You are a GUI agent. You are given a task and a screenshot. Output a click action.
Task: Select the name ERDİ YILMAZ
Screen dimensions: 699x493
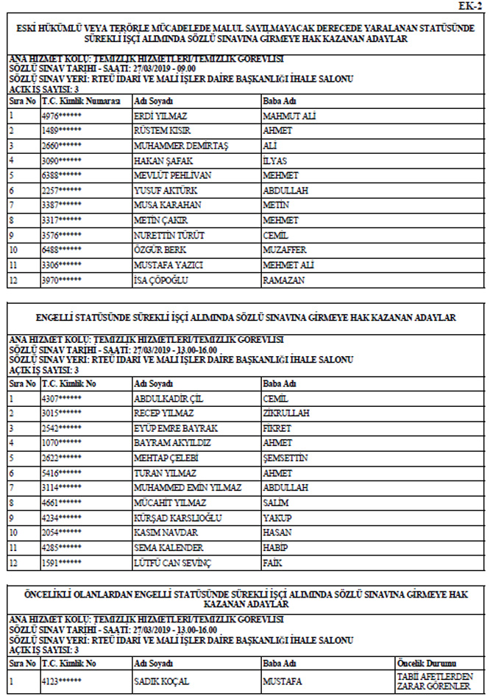(x=160, y=116)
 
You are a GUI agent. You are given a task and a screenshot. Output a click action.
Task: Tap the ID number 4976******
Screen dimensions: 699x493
(x=61, y=116)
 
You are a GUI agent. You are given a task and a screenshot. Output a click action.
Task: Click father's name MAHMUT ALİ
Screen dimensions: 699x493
(x=289, y=116)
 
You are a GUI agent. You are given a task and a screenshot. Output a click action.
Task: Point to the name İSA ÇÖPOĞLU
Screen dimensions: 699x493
(x=162, y=280)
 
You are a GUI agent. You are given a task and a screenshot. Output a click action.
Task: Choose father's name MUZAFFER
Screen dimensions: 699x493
(x=287, y=250)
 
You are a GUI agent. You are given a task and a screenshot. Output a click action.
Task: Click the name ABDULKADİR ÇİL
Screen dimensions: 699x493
(x=169, y=399)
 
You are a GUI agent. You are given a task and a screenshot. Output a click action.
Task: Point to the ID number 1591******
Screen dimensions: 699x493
(x=61, y=563)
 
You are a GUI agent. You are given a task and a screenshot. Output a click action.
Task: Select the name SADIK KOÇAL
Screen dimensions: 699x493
(x=162, y=681)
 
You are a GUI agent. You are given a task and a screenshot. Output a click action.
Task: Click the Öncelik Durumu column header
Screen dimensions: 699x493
(x=427, y=663)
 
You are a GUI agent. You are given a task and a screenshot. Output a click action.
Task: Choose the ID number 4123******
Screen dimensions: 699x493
(x=61, y=681)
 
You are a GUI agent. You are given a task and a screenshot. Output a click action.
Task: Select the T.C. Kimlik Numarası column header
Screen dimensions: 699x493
(x=80, y=100)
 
